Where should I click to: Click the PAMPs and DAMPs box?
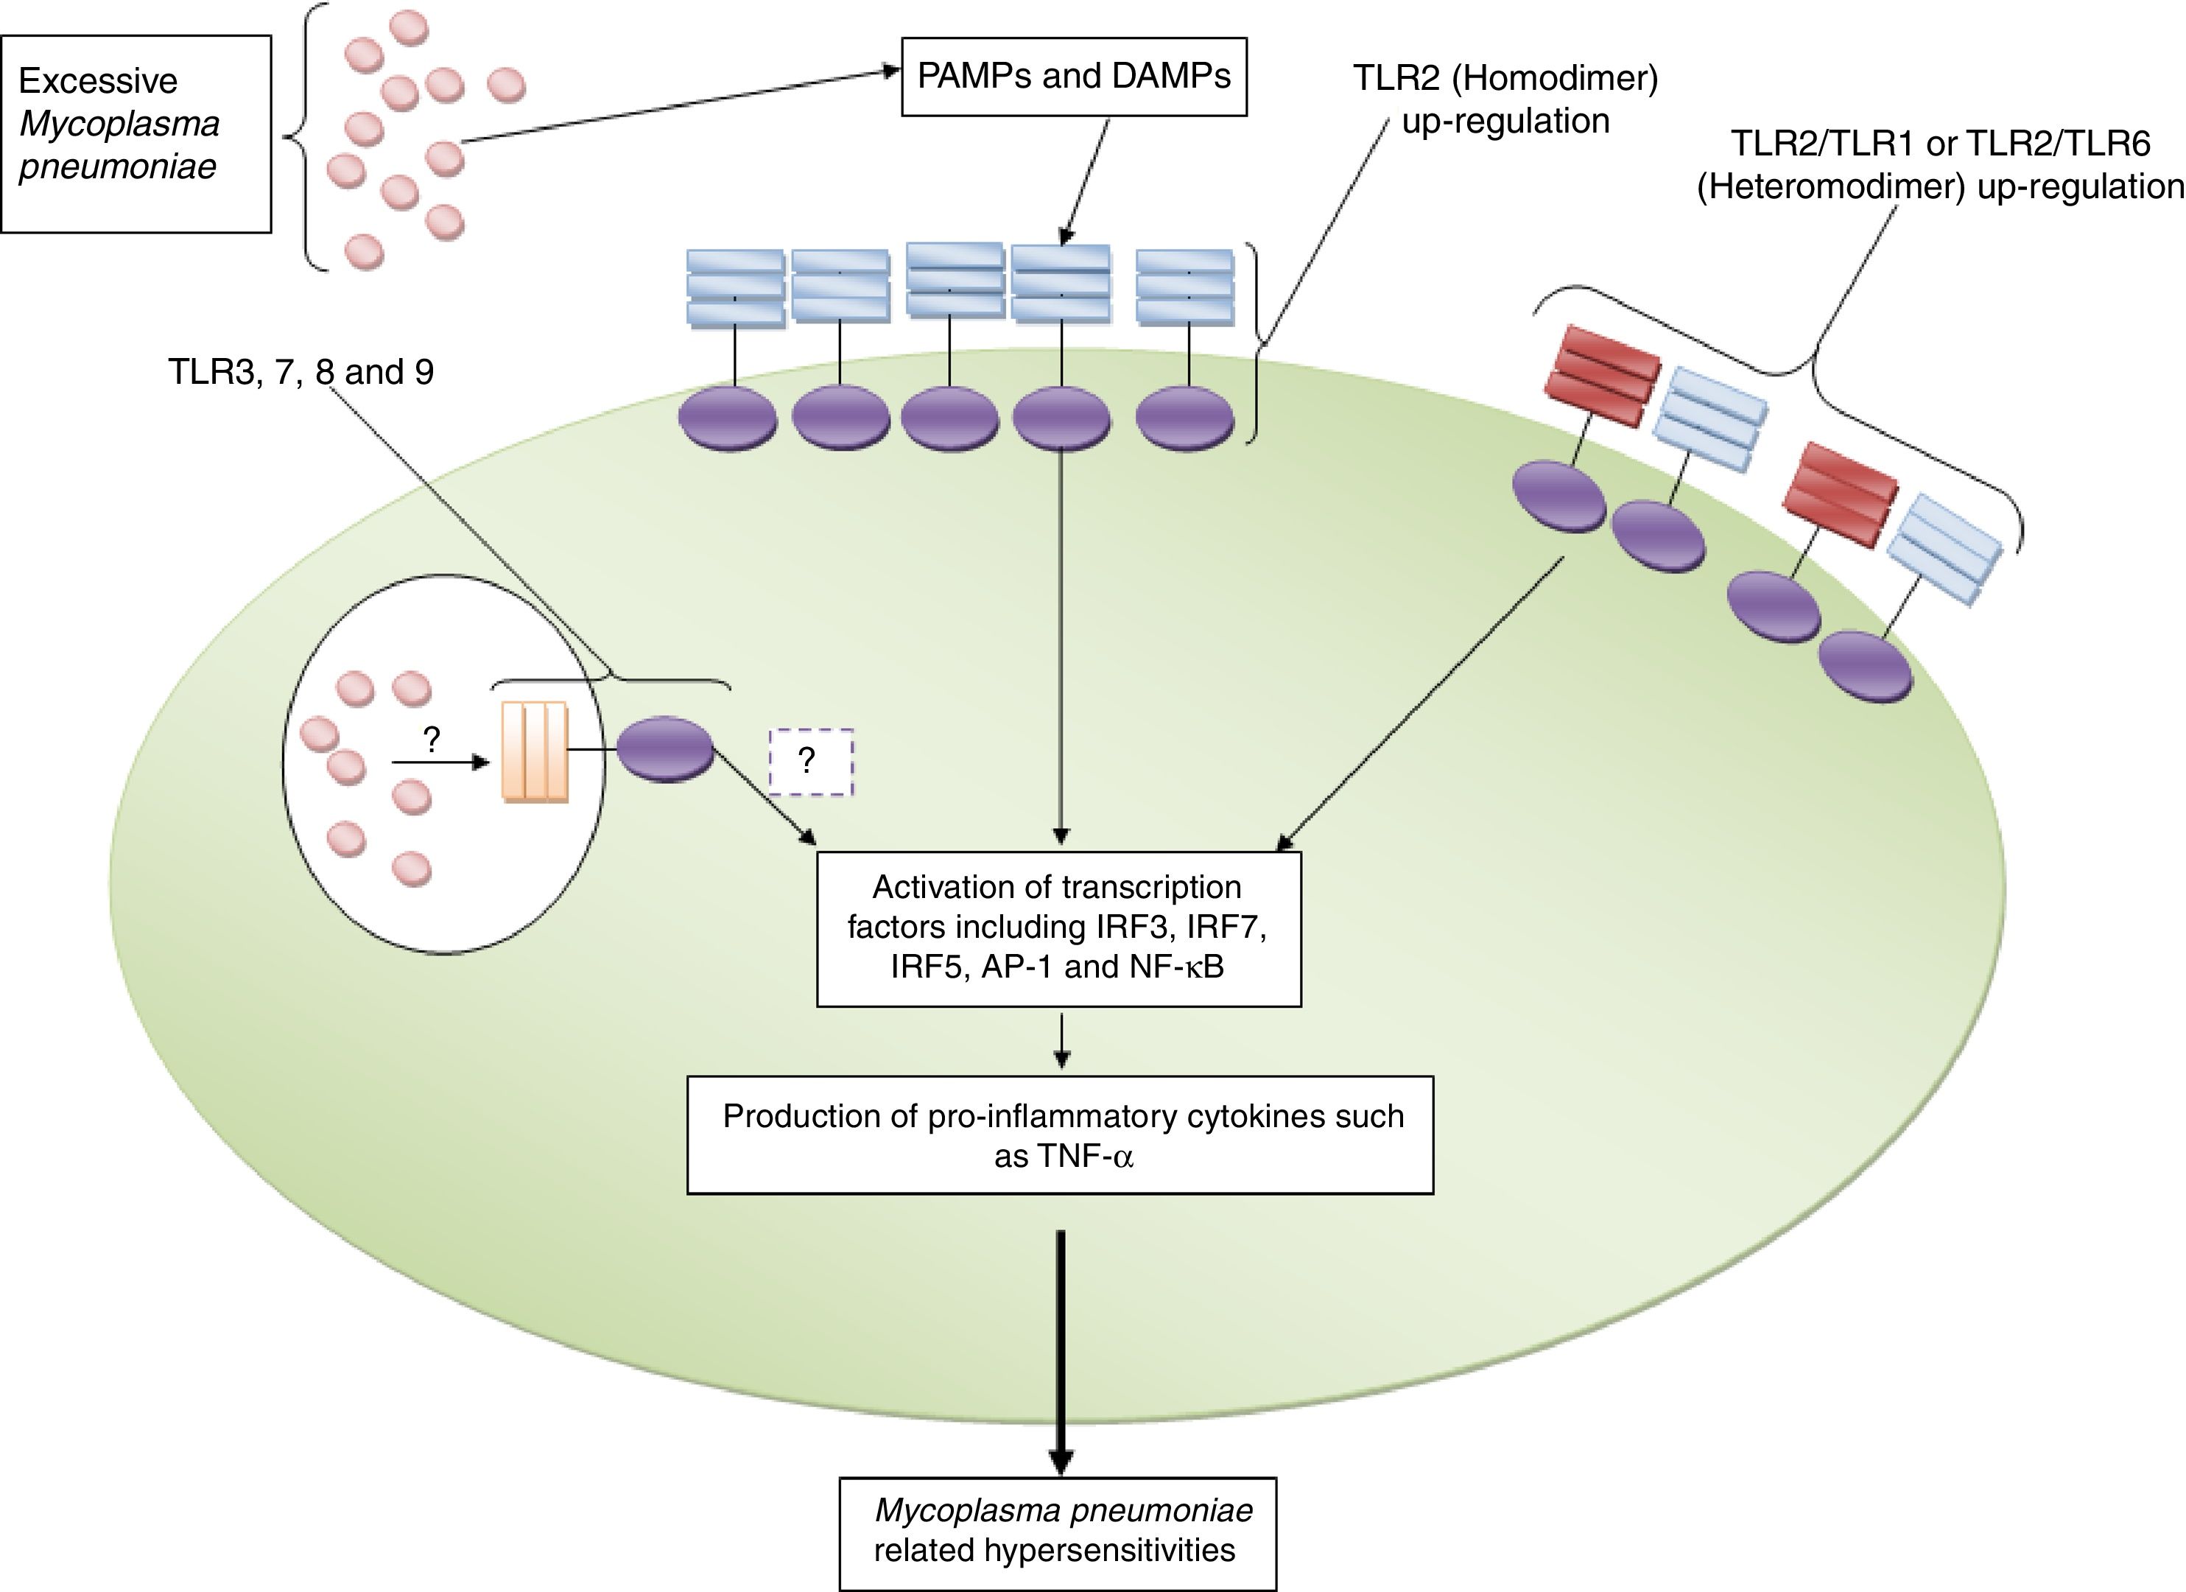pyautogui.click(x=1074, y=76)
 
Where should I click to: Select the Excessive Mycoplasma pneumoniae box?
pyautogui.click(x=136, y=134)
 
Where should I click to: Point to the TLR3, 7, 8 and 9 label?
pyautogui.click(x=301, y=371)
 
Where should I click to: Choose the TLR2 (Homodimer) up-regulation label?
pyautogui.click(x=1505, y=99)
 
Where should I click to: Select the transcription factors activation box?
pyautogui.click(x=1058, y=928)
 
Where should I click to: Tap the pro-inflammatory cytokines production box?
pyautogui.click(x=1061, y=1135)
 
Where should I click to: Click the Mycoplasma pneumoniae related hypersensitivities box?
pyautogui.click(x=1058, y=1532)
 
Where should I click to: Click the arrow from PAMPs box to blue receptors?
pyautogui.click(x=1084, y=178)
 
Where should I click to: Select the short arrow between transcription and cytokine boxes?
pyautogui.click(x=1061, y=1042)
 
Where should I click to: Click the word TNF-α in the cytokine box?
pyautogui.click(x=1063, y=1155)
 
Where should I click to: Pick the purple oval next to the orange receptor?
pyautogui.click(x=665, y=749)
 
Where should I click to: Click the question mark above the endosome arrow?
pyautogui.click(x=432, y=740)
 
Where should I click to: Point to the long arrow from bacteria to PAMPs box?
pyautogui.click(x=675, y=106)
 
